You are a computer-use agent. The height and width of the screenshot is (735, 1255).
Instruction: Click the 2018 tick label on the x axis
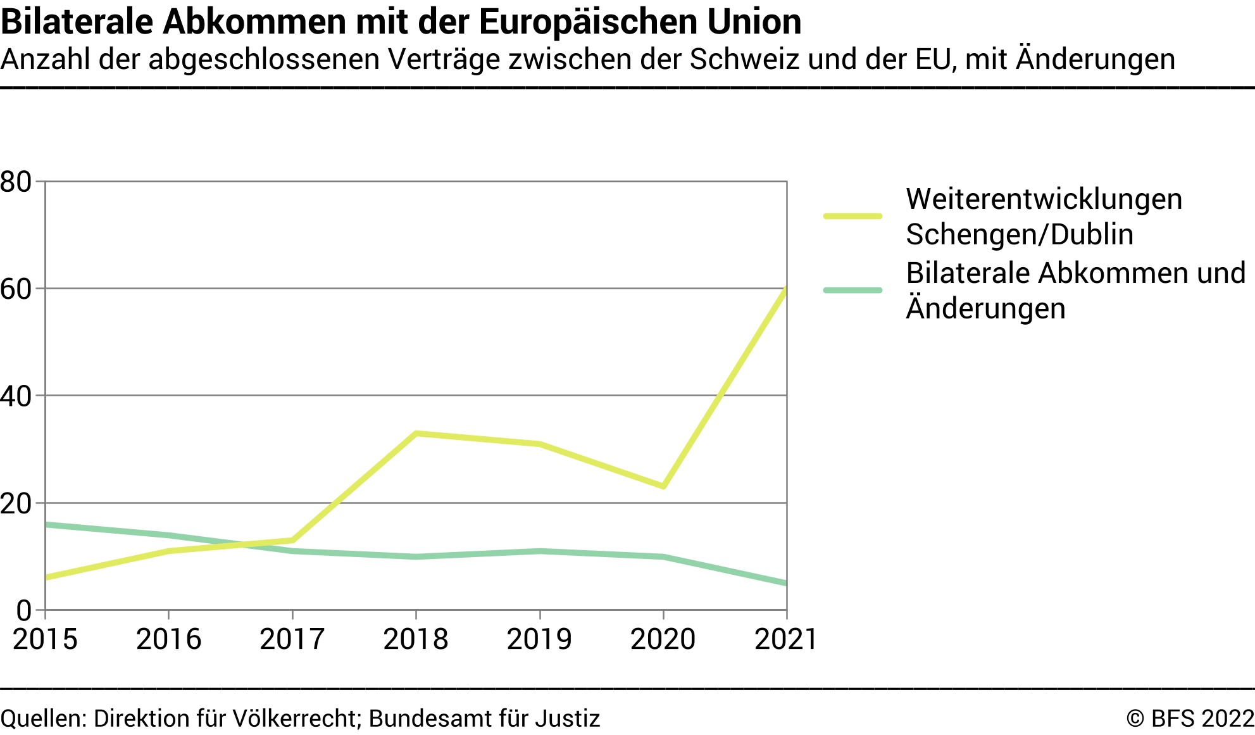coord(415,639)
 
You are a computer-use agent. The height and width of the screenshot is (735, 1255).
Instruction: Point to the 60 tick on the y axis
coord(16,289)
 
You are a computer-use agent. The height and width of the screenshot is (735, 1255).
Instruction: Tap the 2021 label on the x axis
coord(785,639)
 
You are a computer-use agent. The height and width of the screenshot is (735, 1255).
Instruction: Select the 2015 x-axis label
coord(45,639)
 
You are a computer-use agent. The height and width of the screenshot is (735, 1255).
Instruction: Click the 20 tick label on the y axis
coord(16,504)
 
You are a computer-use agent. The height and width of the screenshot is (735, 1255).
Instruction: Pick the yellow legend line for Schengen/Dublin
coord(852,217)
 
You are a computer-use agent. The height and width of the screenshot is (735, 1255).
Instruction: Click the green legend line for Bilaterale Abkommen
coord(852,291)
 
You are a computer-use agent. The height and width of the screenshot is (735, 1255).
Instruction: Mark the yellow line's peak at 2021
coord(786,289)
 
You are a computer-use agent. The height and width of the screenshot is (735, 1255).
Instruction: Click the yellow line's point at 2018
coord(416,434)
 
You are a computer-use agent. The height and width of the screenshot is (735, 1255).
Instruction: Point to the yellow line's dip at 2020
coord(663,486)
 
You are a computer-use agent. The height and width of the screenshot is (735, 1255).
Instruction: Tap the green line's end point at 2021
coord(785,583)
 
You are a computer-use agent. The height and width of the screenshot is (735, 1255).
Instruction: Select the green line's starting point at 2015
coord(46,524)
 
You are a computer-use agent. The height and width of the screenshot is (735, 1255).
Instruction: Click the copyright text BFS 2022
coord(1190,719)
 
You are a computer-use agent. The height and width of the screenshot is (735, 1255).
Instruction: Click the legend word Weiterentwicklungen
coord(1044,199)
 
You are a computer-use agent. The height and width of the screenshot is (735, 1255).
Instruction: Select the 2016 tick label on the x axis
coord(168,639)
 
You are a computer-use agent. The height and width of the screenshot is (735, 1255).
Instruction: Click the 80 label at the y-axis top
coord(16,182)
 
